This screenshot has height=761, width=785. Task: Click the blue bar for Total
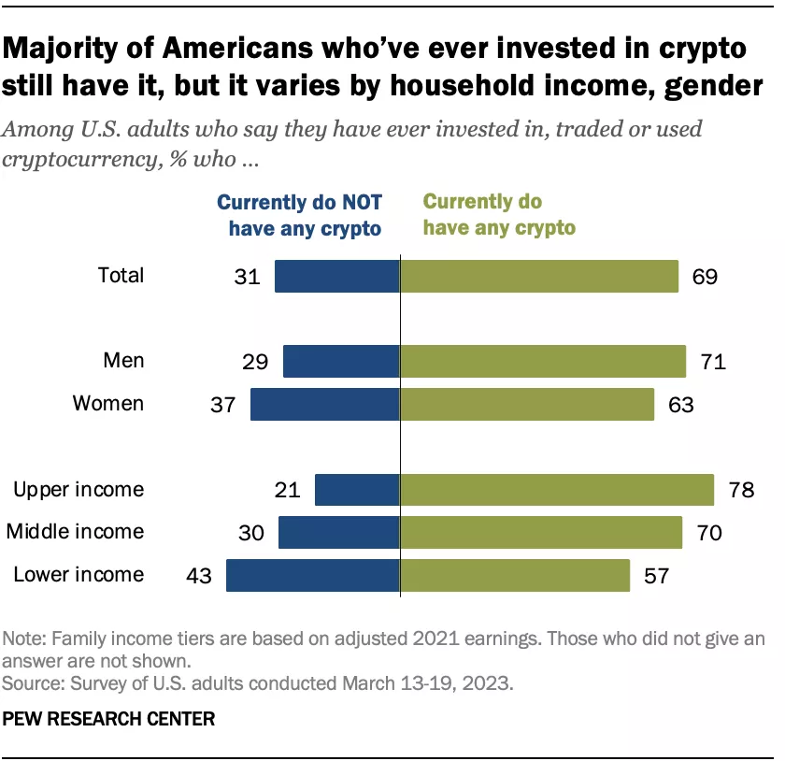337,277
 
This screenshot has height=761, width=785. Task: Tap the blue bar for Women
325,404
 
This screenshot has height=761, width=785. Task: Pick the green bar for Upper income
557,490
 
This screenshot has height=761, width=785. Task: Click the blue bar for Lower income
313,575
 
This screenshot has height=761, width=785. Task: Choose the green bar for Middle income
541,532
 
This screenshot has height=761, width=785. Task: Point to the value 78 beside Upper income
741,490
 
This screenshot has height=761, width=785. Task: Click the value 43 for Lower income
200,575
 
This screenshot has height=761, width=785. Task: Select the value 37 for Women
224,404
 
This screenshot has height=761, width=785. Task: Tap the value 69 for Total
705,277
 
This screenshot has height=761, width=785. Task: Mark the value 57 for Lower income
656,575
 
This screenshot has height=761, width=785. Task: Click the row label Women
108,404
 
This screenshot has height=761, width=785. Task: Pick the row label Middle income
76,532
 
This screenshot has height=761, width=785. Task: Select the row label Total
121,276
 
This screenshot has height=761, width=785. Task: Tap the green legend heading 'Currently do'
483,202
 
